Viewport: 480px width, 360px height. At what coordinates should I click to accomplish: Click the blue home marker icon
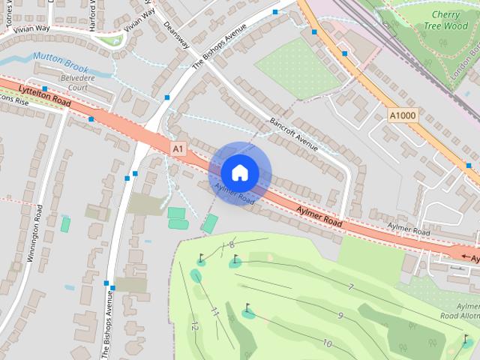(239, 172)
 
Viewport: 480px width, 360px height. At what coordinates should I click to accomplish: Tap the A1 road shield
(177, 149)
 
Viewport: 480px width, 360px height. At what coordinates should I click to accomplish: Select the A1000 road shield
(403, 115)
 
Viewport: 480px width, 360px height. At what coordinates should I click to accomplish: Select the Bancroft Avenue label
(294, 133)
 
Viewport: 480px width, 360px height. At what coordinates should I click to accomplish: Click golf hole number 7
(350, 287)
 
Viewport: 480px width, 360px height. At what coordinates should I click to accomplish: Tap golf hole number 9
(340, 316)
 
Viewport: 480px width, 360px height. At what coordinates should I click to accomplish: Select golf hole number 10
(327, 343)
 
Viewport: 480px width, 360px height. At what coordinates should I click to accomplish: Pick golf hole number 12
(194, 326)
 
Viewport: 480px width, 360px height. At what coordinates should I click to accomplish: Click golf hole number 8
(231, 244)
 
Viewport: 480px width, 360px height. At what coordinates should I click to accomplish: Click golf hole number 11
(214, 311)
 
